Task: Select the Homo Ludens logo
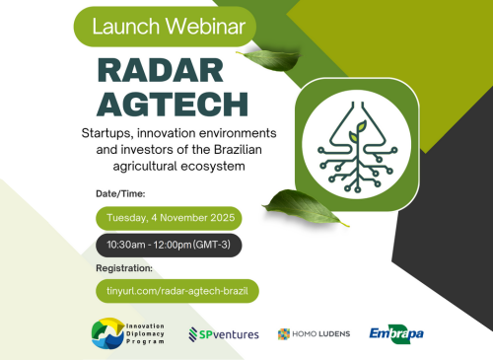point(315,334)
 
